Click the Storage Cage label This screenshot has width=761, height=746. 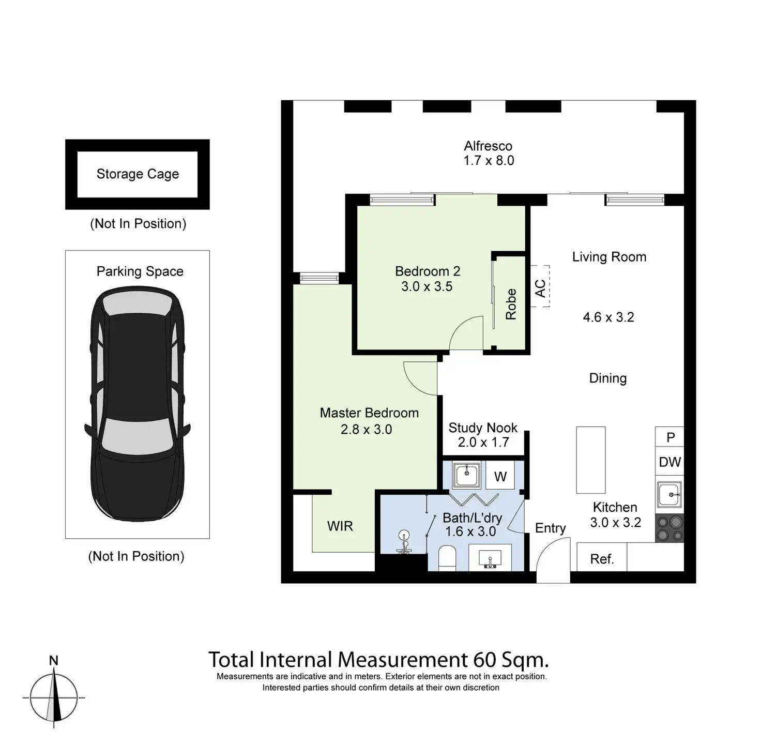(x=138, y=174)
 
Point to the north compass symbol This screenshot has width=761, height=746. (x=54, y=695)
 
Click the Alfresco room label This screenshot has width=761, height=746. (x=488, y=146)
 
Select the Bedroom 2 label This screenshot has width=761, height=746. (x=427, y=271)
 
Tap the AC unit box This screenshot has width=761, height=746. (x=540, y=287)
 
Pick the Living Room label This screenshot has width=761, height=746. (x=609, y=257)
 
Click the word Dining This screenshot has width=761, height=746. (x=607, y=378)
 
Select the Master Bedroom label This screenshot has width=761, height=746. (x=369, y=413)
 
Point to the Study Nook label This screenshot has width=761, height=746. (x=482, y=428)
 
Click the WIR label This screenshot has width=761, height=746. (x=340, y=526)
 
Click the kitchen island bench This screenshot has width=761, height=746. (x=590, y=460)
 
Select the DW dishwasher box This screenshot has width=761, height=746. (x=669, y=462)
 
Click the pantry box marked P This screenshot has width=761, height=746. (x=670, y=437)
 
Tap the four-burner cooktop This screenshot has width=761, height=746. (x=669, y=528)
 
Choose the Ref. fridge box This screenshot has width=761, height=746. (x=602, y=558)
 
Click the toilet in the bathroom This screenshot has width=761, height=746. (x=446, y=560)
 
